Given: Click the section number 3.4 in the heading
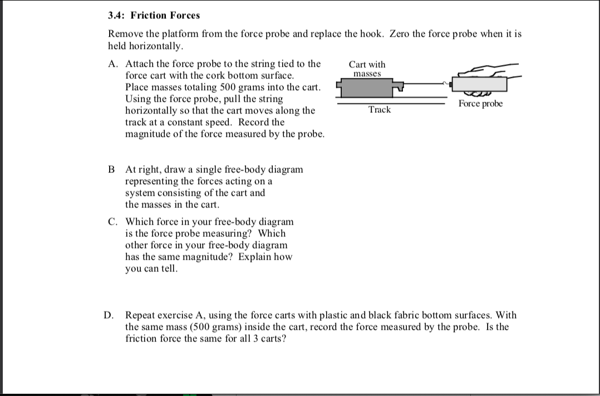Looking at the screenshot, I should tap(116, 16).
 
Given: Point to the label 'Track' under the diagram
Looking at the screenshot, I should tap(380, 110).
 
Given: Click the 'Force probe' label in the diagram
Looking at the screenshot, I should tap(480, 104).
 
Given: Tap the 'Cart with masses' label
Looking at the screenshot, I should tap(367, 69).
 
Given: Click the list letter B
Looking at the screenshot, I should tap(112, 169).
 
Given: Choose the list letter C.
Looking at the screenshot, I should tap(112, 221).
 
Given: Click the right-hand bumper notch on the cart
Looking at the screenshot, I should tap(397, 87).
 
